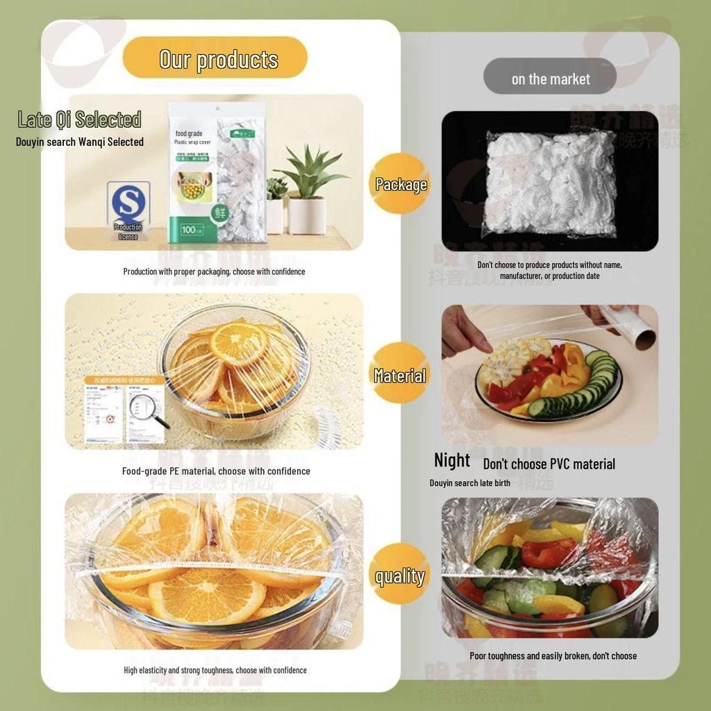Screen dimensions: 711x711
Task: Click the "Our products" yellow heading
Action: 215,59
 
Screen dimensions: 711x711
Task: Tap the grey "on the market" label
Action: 550,79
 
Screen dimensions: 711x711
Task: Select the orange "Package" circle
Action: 401,184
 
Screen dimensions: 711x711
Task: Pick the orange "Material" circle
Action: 400,376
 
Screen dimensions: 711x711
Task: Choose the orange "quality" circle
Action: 400,576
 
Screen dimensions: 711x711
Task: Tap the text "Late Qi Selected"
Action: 79,119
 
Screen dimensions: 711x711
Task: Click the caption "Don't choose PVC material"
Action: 549,464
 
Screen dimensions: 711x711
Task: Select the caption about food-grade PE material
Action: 216,471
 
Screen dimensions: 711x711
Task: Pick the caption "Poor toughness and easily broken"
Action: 553,655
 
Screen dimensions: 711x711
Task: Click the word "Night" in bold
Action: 452,460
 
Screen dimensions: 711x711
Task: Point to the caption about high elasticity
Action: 215,670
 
